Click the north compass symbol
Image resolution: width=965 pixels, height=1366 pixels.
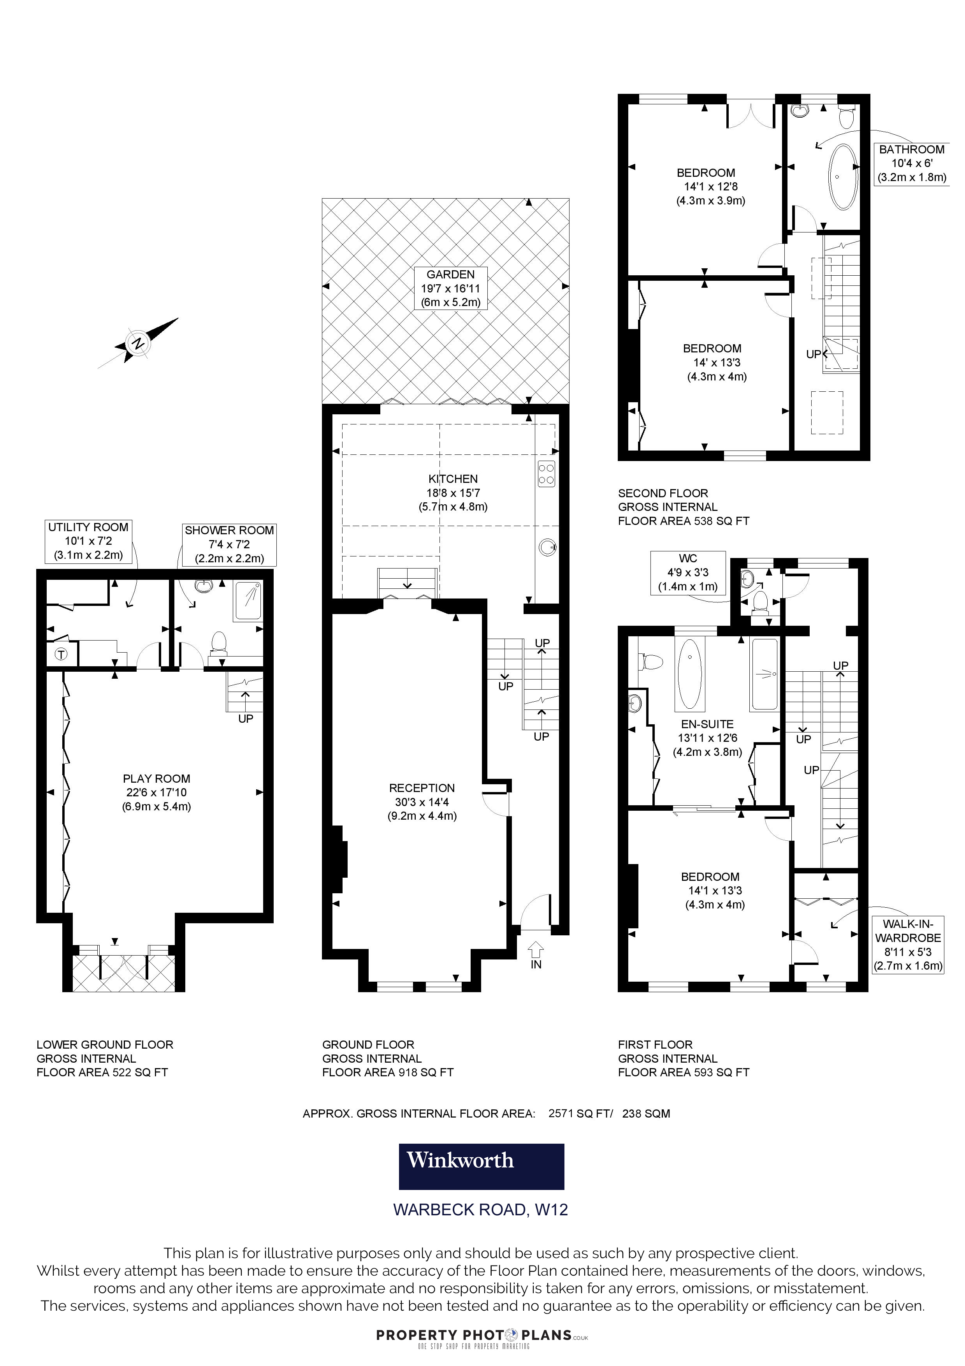pyautogui.click(x=138, y=343)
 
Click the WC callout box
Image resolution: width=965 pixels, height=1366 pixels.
pyautogui.click(x=688, y=572)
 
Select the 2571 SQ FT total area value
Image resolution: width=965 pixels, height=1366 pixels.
pyautogui.click(x=579, y=1114)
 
